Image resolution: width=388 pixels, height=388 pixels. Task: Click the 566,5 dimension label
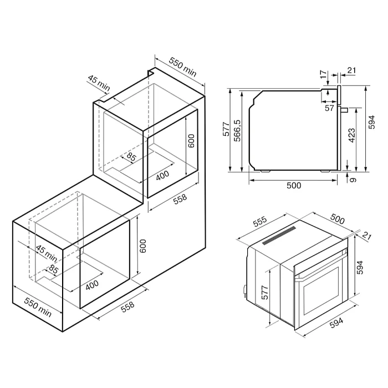(237, 130)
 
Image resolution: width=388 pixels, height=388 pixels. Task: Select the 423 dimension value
(351, 135)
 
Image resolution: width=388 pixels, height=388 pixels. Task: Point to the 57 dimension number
(329, 108)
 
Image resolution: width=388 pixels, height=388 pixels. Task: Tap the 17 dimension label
(323, 74)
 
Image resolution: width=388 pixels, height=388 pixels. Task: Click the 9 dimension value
(354, 180)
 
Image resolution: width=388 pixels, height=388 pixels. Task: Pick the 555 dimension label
(260, 222)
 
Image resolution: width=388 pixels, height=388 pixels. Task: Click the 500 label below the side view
(294, 185)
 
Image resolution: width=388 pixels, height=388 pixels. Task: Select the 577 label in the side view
(226, 129)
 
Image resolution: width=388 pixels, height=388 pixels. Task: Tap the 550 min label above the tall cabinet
(183, 67)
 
